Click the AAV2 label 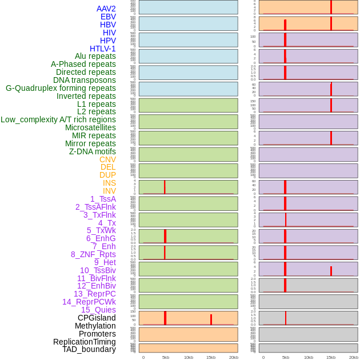coord(106,9)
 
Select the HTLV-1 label coord(102,49)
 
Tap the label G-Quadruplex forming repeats coord(61,88)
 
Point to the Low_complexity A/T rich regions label coord(58,119)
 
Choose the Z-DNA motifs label coord(92,151)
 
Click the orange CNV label coord(107,159)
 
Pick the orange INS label coord(109,183)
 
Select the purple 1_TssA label coord(103,199)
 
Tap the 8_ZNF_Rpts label coord(93,254)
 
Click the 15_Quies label coord(98,310)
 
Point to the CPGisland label coord(97,318)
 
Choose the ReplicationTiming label coord(84,342)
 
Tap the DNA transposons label coord(85,80)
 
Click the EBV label coord(108,17)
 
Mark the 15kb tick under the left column coord(211,357)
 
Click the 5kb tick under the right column coord(286,357)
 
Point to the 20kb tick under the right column coord(354,357)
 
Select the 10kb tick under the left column coord(189,357)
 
